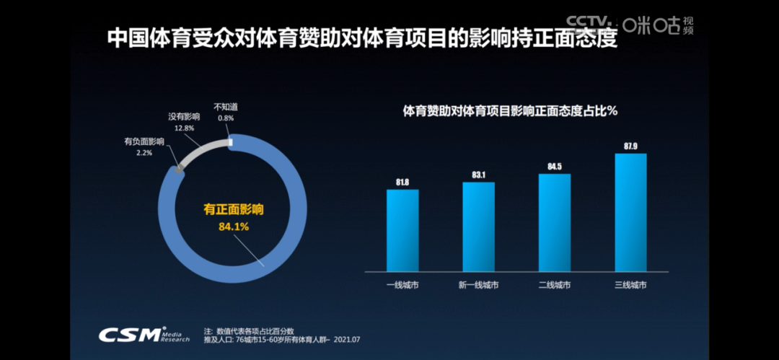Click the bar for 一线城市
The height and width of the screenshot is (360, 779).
pyautogui.click(x=402, y=230)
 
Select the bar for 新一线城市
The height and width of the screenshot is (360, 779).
pyautogui.click(x=478, y=227)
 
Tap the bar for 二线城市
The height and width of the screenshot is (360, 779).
pyautogui.click(x=554, y=223)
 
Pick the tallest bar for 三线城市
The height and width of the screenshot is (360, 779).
pyautogui.click(x=630, y=212)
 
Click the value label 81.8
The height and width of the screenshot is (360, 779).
pyautogui.click(x=402, y=183)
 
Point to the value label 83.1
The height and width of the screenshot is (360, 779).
pyautogui.click(x=478, y=175)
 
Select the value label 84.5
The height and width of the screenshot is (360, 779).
pyautogui.click(x=554, y=167)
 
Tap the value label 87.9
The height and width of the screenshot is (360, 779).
pyautogui.click(x=630, y=146)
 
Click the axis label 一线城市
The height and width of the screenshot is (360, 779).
pyautogui.click(x=402, y=285)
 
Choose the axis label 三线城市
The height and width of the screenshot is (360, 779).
pyautogui.click(x=630, y=285)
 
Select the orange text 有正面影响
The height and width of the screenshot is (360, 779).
pyautogui.click(x=233, y=210)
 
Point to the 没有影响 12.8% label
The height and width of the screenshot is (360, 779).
pyautogui.click(x=184, y=121)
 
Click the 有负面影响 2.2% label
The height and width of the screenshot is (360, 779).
pyautogui.click(x=144, y=147)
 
